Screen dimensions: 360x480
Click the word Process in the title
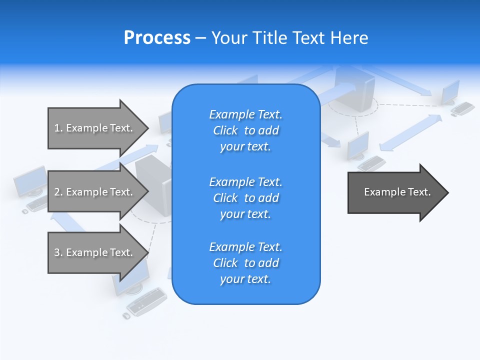coord(157,38)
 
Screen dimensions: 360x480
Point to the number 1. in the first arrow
coord(58,128)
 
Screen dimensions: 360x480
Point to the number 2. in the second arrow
coord(58,192)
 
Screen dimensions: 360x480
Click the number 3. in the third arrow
coord(58,252)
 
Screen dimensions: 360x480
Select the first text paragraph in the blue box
coord(245,130)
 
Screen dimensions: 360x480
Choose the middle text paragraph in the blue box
coord(245,198)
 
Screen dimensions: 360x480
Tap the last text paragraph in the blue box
coord(245,263)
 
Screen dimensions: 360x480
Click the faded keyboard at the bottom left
coord(146,301)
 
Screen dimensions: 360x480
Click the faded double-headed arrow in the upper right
coord(410,132)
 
